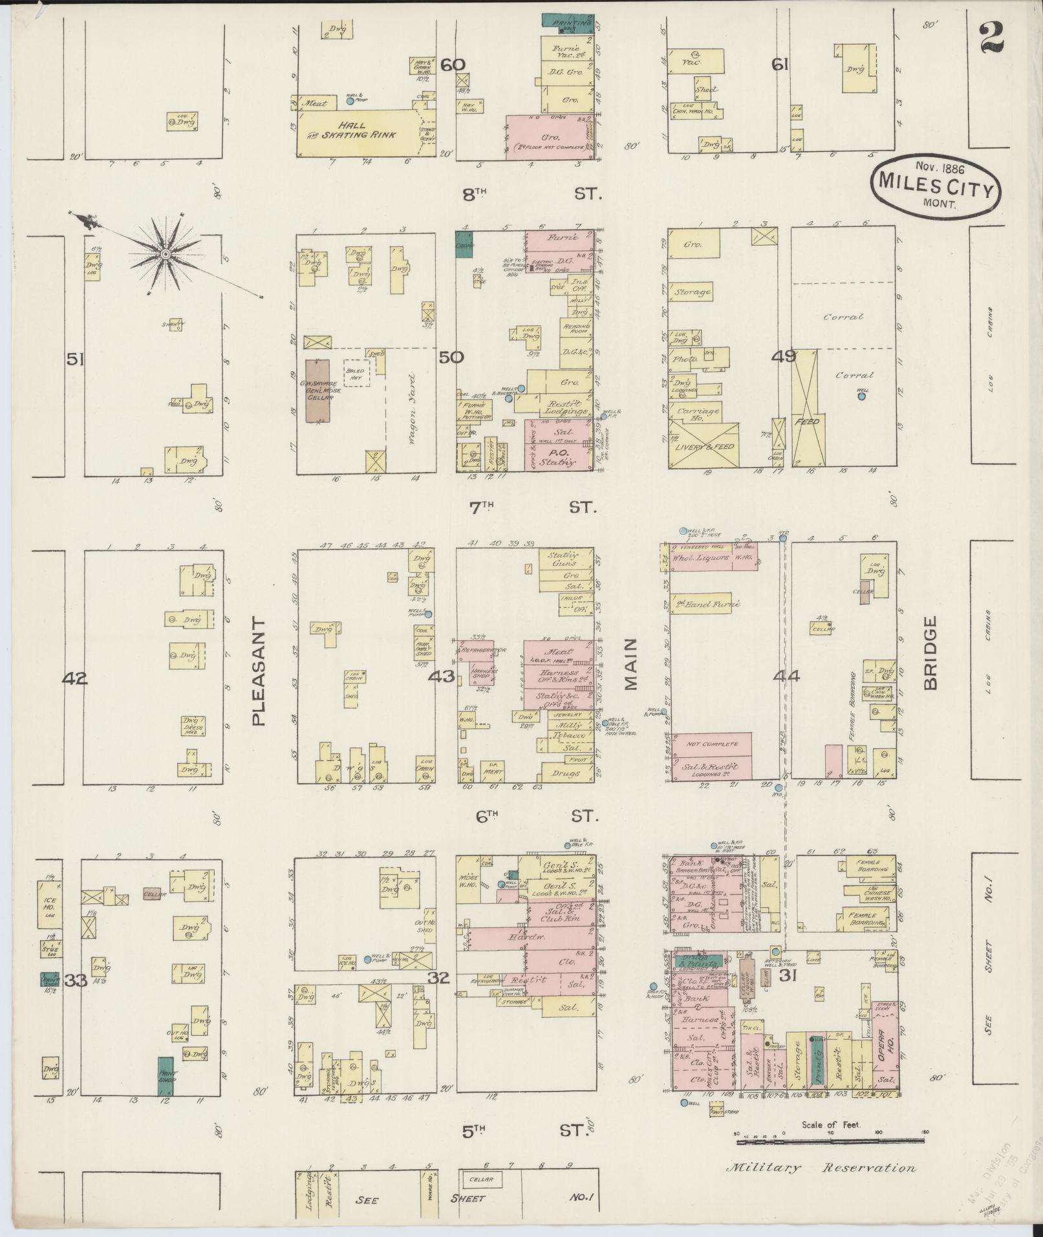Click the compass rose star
pos(166,255)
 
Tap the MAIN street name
pos(630,665)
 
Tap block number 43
pos(442,677)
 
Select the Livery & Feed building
pos(704,445)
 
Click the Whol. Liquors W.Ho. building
pos(713,557)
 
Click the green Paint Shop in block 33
pos(166,1076)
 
